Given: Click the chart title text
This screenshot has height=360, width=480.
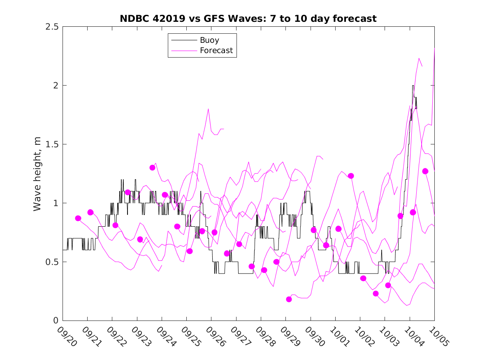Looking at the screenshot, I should coord(248,19).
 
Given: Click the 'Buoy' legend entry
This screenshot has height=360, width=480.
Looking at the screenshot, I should coord(209,40).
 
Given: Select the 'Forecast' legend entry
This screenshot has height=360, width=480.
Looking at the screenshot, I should coord(216,51).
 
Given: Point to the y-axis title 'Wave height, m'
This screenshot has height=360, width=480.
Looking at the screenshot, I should coord(37,173).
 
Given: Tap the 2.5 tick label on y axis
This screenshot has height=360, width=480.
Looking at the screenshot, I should coord(52,27).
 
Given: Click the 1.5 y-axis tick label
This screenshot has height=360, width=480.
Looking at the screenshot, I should coord(52,144).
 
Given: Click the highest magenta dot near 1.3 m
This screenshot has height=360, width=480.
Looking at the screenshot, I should coord(153,167).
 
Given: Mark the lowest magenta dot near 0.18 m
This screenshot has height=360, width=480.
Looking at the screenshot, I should coord(289,299).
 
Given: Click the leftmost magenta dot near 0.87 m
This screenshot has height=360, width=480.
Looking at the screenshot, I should coord(78,218).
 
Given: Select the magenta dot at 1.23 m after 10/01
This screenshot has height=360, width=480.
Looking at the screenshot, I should coord(351,176).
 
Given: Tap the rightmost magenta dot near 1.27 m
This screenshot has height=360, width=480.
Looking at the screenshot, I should coord(425,171).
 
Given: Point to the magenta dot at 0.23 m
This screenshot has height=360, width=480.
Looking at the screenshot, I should coord(376,293).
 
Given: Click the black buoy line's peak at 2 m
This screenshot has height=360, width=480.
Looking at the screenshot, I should coord(413,86).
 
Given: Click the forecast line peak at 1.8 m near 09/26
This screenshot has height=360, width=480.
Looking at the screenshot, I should coord(209,109).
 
